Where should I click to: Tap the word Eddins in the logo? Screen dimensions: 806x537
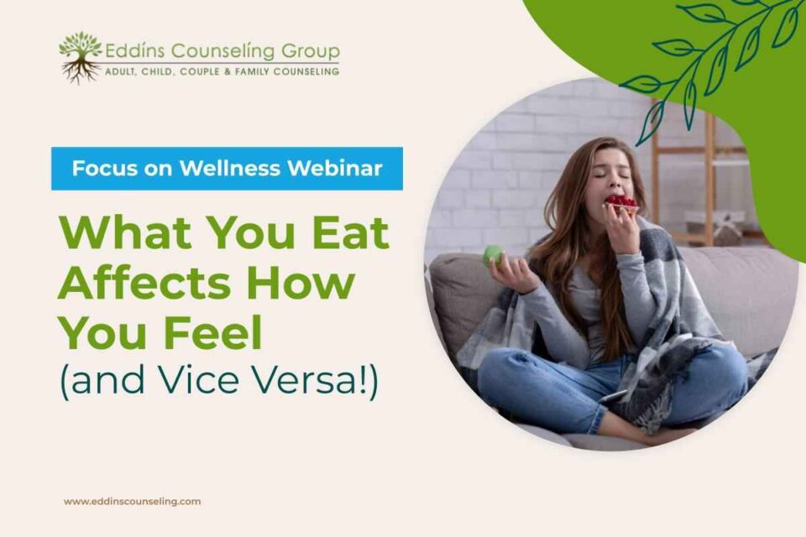(x=136, y=51)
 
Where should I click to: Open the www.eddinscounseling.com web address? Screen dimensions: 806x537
(x=132, y=502)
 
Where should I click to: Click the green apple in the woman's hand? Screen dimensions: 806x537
(x=493, y=256)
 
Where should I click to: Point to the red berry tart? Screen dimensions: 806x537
(x=622, y=204)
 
